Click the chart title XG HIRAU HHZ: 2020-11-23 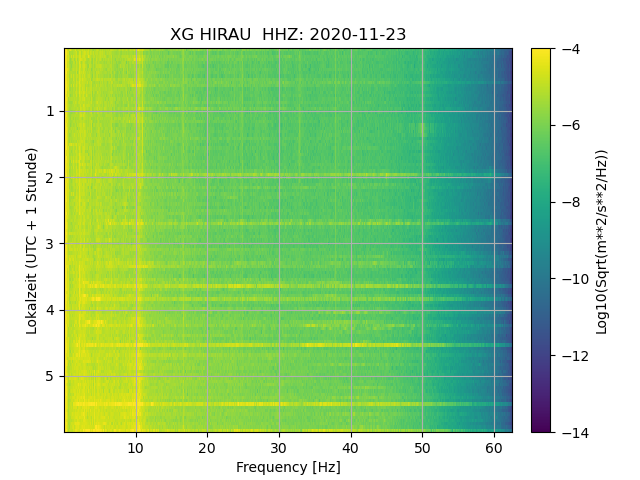tap(288, 35)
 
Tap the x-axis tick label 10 tap(136, 448)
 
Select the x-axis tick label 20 tap(207, 448)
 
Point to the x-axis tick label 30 tap(279, 448)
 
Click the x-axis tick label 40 tap(350, 448)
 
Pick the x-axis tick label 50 tap(422, 448)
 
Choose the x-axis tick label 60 tap(494, 448)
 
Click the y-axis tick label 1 tap(49, 112)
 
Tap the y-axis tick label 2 tap(49, 178)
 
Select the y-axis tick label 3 tap(49, 244)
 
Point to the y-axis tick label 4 tap(49, 310)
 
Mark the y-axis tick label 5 tap(49, 376)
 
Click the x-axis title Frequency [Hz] tap(288, 467)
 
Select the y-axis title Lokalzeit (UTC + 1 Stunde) tap(32, 240)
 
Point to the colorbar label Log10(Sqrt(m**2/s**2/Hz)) tap(602, 240)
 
